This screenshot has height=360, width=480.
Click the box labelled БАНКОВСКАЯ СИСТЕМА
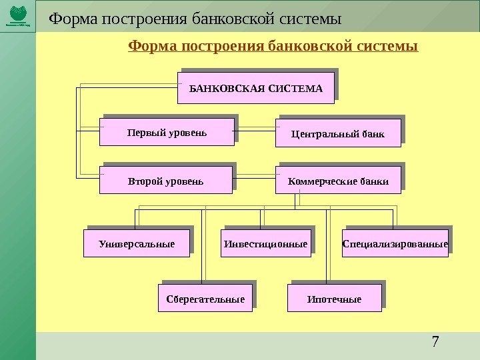coord(255,88)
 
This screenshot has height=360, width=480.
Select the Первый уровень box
coord(167,132)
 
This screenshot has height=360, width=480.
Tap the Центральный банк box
coord(338,133)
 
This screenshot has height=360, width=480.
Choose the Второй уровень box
coord(165,180)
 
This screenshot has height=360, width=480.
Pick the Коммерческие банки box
coord(338,180)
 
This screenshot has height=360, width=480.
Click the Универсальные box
coord(137,244)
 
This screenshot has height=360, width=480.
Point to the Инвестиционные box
coord(266,244)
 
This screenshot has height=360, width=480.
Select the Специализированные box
coord(395,244)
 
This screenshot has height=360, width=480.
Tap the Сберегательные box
coord(205,299)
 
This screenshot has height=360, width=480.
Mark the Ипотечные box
coord(334,299)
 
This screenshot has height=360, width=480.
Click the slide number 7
coord(435,343)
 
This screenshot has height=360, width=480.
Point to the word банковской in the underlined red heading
coord(303,47)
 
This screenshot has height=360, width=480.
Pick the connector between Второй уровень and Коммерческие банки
coord(256,178)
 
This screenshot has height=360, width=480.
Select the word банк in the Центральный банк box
coord(372,134)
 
